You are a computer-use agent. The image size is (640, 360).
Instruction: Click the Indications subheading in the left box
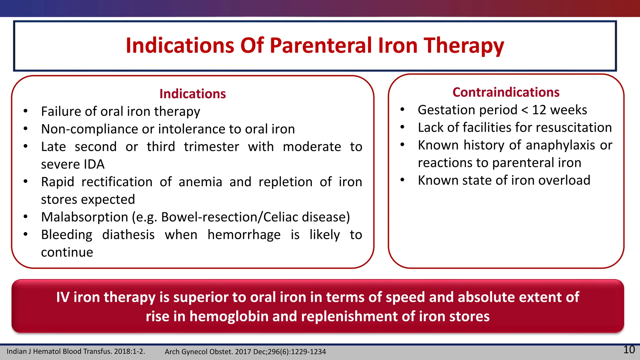[x=192, y=94]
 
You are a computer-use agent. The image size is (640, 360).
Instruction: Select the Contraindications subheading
[x=506, y=92]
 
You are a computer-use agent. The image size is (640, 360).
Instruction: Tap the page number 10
[x=629, y=349]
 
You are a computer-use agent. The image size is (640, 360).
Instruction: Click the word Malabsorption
[x=84, y=217]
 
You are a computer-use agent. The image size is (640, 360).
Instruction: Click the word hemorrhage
[x=244, y=235]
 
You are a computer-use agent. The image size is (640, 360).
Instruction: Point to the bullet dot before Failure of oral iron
[x=26, y=111]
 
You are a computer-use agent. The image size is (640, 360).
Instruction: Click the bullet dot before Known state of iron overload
[x=402, y=180]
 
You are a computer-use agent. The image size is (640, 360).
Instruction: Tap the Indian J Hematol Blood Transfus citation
[x=76, y=352]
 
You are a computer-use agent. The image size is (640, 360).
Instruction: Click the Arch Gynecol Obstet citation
[x=245, y=352]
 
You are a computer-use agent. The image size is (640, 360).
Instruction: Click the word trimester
[x=211, y=147]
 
